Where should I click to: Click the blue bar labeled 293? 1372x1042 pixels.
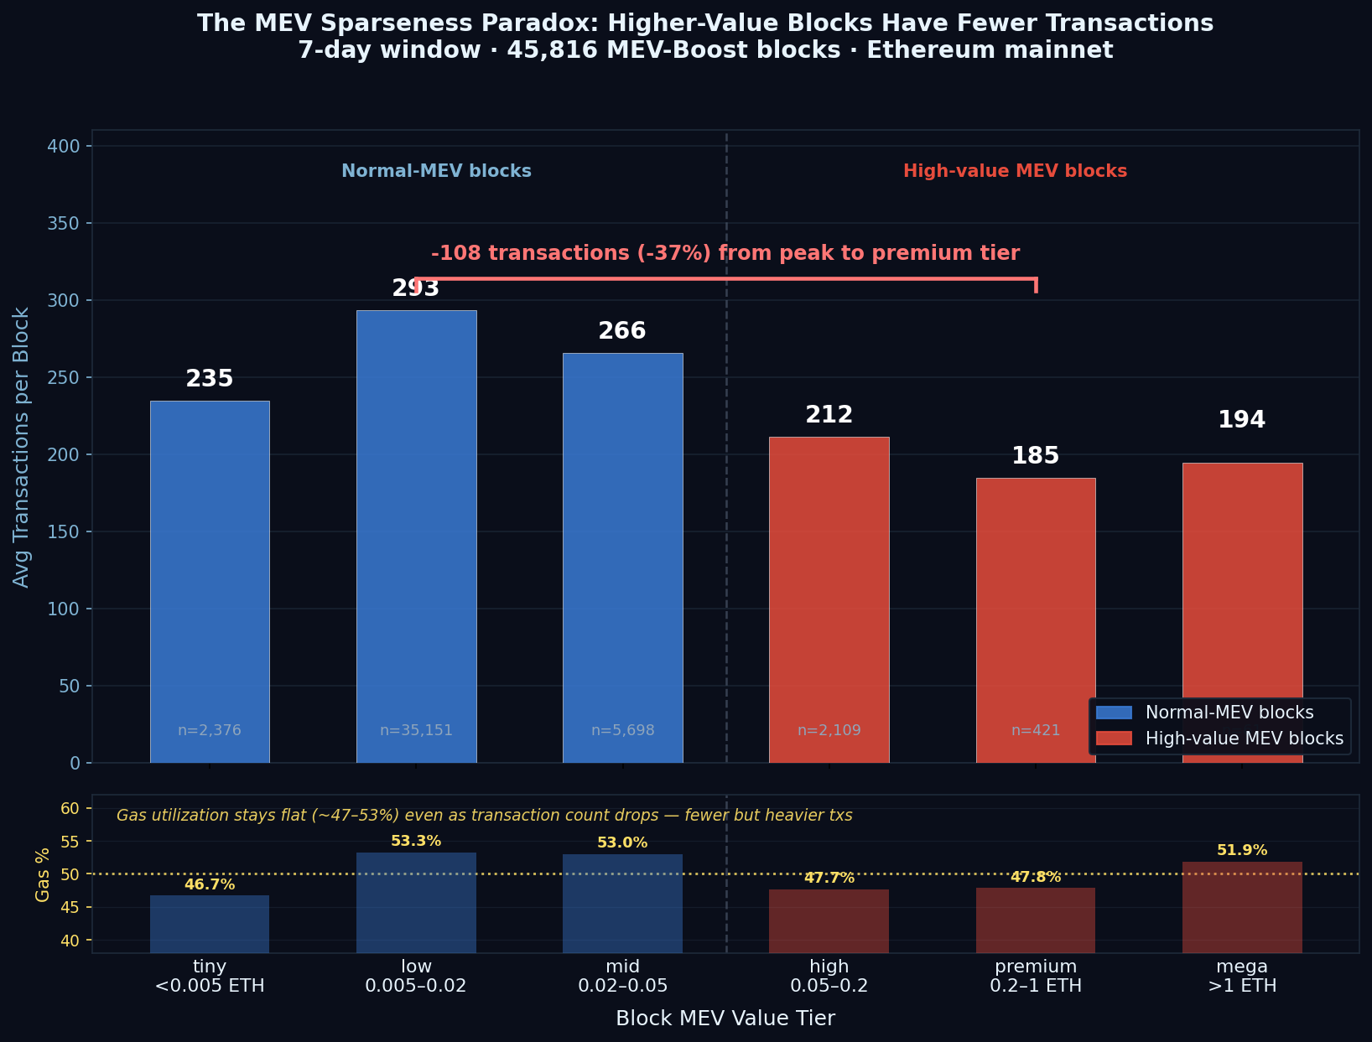click(416, 537)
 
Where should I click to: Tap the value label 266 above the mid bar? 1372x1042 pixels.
click(622, 331)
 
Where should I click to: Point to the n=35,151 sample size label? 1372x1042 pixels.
click(416, 730)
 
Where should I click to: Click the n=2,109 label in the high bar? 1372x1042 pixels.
click(829, 730)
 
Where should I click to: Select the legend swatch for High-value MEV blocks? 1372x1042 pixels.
click(1114, 739)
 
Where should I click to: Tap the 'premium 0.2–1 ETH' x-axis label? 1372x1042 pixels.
click(1036, 976)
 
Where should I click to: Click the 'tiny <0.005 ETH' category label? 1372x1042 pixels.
click(210, 976)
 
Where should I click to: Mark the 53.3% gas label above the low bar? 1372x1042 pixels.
click(416, 841)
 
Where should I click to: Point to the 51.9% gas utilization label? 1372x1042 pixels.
click(1242, 850)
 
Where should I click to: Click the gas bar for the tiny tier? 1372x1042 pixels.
click(210, 924)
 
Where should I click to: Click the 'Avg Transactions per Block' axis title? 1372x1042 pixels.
click(22, 447)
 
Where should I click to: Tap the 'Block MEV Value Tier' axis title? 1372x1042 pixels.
click(725, 1018)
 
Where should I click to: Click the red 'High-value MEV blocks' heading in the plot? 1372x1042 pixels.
click(1015, 171)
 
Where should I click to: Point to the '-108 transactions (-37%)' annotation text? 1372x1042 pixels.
click(725, 253)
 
